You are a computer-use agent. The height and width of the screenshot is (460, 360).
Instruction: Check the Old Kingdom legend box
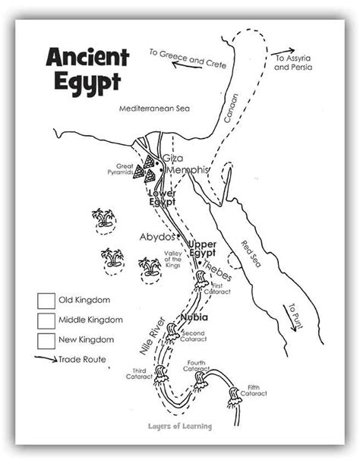tap(46, 300)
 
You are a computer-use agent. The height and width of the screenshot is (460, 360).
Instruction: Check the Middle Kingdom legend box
tap(46, 320)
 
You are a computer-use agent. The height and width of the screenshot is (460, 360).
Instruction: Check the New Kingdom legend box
tap(46, 339)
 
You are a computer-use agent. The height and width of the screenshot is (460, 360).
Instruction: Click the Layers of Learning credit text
tap(179, 426)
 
